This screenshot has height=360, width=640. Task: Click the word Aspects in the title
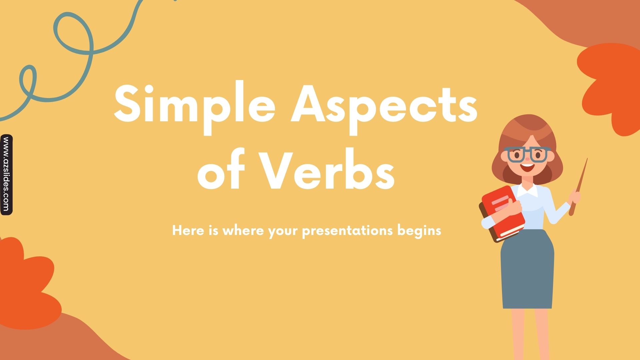[x=384, y=105]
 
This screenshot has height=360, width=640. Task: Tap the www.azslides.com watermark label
[x=6, y=175]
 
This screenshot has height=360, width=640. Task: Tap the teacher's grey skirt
[x=527, y=270]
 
